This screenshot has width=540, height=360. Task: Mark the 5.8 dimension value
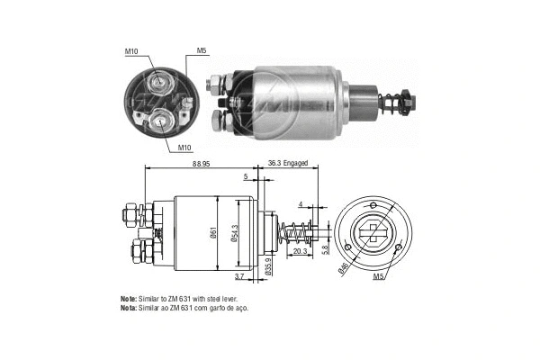pos(326,251)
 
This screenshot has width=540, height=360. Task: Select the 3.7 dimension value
pos(238,275)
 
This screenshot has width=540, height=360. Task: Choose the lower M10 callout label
pos(184,147)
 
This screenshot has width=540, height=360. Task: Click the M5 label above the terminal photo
pos(202,52)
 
